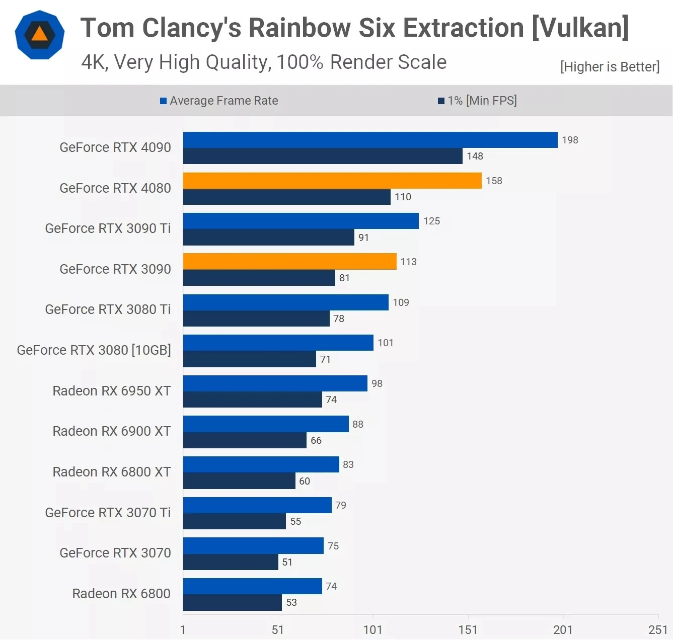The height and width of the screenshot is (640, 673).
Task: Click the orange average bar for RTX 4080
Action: coord(332,181)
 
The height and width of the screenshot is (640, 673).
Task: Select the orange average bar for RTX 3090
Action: coord(289,262)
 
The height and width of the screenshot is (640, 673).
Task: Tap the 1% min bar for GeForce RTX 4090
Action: coord(323,156)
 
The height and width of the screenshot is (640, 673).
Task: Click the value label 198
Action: coord(570,140)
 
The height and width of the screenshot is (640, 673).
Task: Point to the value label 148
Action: coord(475,156)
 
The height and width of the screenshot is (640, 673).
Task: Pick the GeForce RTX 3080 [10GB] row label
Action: coord(94,350)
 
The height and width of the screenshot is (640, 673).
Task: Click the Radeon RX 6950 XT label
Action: coord(112,391)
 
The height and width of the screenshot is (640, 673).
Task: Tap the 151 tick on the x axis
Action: coord(468,629)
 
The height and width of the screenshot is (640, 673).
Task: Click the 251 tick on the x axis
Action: coord(657,629)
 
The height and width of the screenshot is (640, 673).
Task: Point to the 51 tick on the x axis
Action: coord(277,629)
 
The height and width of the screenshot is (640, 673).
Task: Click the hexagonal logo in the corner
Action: coord(40,35)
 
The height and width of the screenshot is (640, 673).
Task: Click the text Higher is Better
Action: coord(610,67)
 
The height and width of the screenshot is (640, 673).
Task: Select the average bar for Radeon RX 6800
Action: coord(252,586)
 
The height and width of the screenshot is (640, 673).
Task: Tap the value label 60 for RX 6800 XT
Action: coord(305,481)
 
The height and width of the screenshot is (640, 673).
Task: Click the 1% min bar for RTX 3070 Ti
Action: coord(235,521)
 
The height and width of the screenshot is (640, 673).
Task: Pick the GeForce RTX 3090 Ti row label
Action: coord(108,228)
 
